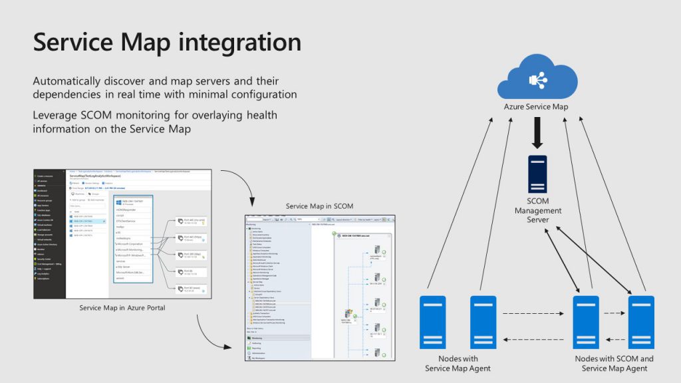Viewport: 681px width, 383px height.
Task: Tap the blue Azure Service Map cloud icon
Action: click(x=537, y=76)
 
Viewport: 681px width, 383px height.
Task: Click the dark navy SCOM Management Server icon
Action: click(x=537, y=174)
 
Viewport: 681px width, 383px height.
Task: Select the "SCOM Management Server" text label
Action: click(x=537, y=211)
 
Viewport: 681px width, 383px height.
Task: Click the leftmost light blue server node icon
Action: click(x=432, y=322)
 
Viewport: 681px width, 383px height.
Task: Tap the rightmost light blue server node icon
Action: click(x=642, y=322)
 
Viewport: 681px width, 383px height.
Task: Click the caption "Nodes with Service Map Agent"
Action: click(x=458, y=364)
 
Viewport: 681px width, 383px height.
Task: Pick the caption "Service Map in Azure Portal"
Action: click(x=122, y=308)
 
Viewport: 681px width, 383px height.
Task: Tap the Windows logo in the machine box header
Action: click(x=118, y=202)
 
